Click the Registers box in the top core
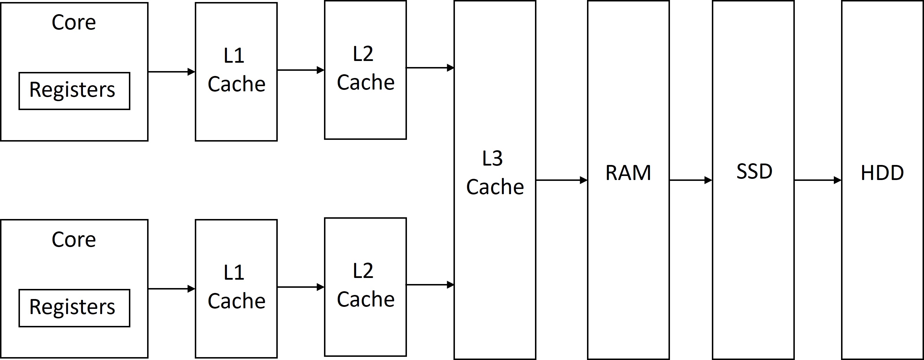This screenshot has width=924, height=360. [74, 91]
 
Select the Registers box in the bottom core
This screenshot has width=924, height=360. [74, 308]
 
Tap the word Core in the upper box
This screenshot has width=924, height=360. [74, 22]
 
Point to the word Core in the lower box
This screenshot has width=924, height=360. [74, 239]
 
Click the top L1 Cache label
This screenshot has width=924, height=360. [236, 70]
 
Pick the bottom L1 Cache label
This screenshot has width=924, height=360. [236, 287]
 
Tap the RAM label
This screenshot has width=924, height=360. [628, 173]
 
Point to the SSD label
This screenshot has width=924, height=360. [754, 171]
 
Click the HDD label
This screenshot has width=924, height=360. [882, 173]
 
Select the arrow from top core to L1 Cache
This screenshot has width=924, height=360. [171, 72]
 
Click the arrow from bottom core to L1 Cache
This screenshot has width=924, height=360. [171, 289]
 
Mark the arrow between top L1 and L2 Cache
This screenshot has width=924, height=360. [301, 70]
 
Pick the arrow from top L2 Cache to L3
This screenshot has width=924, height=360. [430, 67]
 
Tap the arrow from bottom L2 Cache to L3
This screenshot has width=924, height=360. [430, 285]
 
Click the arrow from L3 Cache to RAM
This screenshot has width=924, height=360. [561, 180]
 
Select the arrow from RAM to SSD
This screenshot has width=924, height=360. [690, 180]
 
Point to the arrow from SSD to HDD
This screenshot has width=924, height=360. [817, 180]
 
